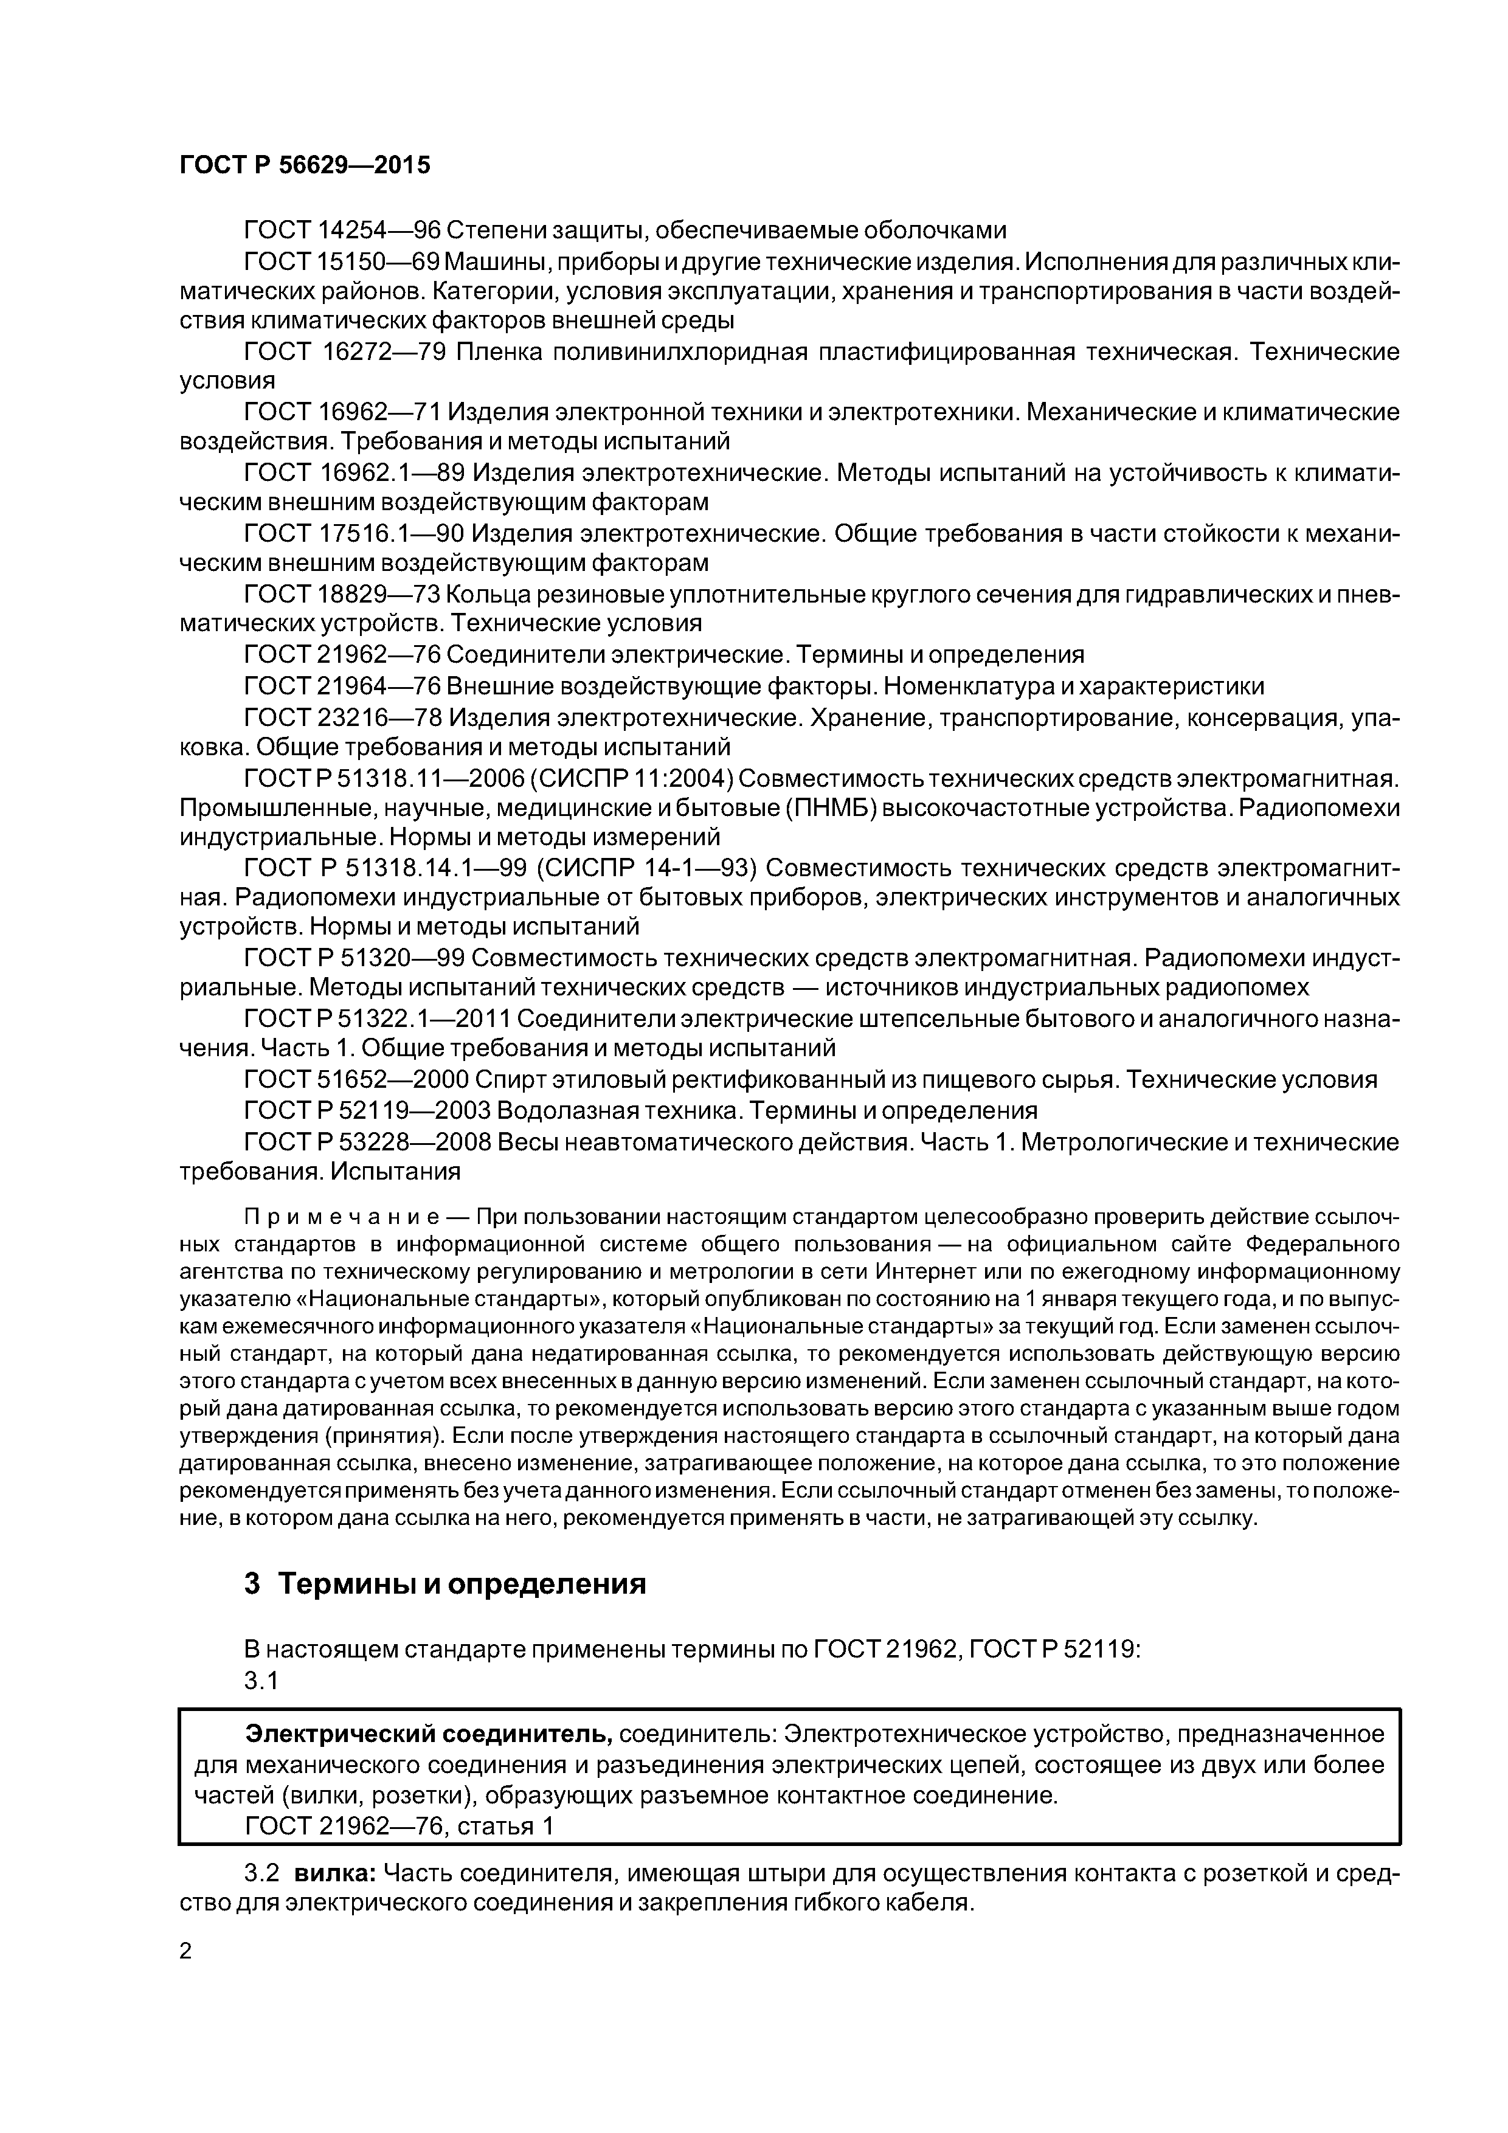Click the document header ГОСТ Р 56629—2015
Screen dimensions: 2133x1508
(305, 165)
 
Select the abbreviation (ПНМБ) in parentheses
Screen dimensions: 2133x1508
(832, 807)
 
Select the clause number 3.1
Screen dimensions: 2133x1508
(261, 1679)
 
